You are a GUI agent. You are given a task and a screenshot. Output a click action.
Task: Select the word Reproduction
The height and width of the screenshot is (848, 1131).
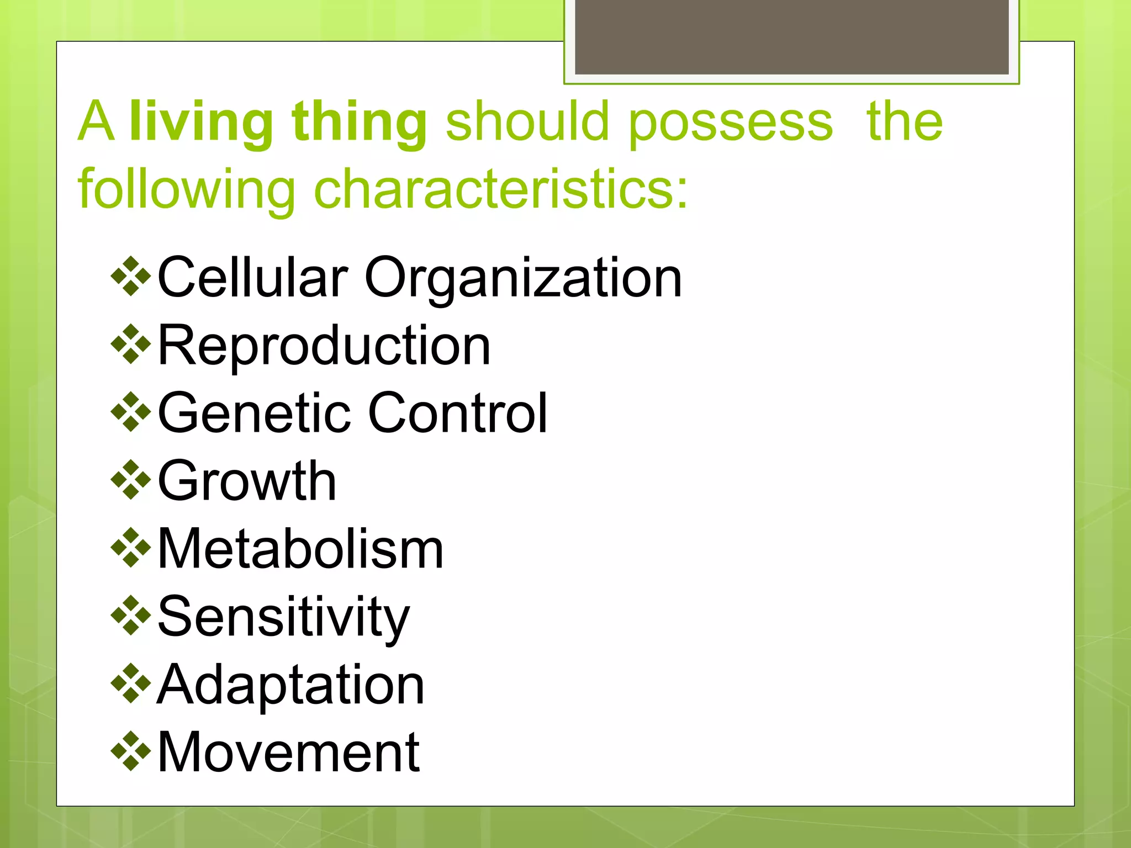coord(324,346)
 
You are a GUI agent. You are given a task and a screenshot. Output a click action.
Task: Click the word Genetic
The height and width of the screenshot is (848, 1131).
coord(254,413)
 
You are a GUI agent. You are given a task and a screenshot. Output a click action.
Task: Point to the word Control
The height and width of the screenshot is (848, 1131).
coord(457,413)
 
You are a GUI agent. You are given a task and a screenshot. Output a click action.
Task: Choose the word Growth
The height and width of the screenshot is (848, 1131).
coord(247,481)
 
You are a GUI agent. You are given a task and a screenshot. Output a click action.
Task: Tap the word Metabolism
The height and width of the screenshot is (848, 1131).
coord(300,549)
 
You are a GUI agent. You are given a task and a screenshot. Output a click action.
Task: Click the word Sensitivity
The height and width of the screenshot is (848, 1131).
coord(283,617)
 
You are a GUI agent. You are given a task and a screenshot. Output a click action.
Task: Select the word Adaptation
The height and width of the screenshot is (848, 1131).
coord(290,685)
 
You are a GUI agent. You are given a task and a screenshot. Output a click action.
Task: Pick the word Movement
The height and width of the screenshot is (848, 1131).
coord(288,752)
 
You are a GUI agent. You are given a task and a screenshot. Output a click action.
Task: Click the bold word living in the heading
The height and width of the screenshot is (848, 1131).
coord(201,123)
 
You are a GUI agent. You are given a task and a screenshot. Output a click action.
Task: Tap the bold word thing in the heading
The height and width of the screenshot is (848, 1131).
coord(359,123)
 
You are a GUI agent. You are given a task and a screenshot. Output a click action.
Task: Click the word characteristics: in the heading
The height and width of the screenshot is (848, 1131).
coord(501,189)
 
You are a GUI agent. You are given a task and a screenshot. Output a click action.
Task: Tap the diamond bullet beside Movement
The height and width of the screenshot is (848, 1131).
coord(131,751)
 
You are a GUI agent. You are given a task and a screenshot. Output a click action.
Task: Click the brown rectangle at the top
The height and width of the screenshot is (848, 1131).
coord(791,36)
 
